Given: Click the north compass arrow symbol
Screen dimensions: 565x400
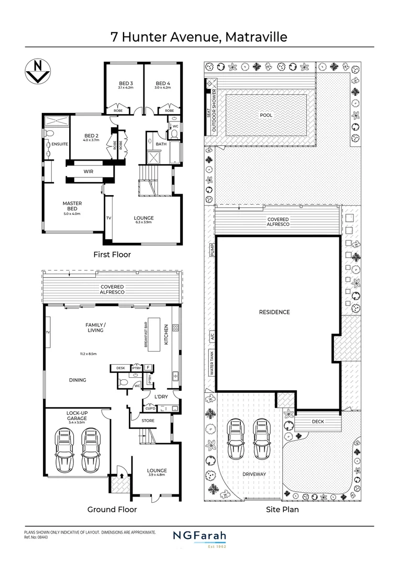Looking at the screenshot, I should pyautogui.click(x=36, y=71).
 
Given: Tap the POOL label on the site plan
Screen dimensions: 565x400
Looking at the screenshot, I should pyautogui.click(x=266, y=115).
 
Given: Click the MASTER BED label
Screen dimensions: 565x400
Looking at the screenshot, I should pyautogui.click(x=72, y=206).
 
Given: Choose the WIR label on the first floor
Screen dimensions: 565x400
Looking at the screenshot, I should pyautogui.click(x=88, y=171).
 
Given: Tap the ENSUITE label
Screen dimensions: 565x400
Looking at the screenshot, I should pyautogui.click(x=59, y=144).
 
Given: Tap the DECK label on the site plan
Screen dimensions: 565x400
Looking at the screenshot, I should pyautogui.click(x=318, y=421).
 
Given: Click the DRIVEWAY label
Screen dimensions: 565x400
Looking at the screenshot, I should pyautogui.click(x=254, y=474).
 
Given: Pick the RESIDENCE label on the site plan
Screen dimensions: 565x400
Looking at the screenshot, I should pyautogui.click(x=274, y=312).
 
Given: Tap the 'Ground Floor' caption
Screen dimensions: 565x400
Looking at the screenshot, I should pyautogui.click(x=112, y=509).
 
